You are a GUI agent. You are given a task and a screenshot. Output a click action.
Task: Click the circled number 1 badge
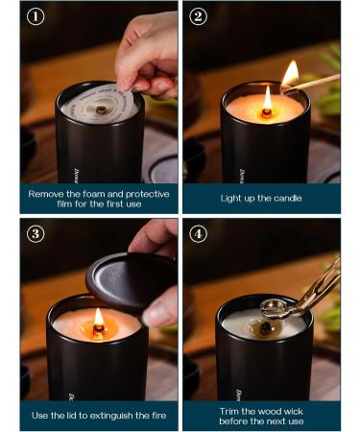click(x=35, y=16)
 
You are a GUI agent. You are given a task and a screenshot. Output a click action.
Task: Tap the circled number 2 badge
click(x=198, y=16)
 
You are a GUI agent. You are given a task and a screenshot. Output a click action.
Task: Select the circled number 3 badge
click(x=35, y=233)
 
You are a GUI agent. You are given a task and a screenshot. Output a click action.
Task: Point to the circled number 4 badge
click(x=198, y=233)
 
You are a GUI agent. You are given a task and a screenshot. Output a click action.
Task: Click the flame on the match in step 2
click(x=290, y=73)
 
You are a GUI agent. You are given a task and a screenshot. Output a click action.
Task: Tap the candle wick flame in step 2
click(x=267, y=98)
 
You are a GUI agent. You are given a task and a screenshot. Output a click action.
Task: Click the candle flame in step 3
click(x=99, y=318)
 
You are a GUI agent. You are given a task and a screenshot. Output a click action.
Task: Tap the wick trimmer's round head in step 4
click(x=272, y=307)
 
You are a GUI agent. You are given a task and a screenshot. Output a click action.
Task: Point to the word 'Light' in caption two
click(x=231, y=198)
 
